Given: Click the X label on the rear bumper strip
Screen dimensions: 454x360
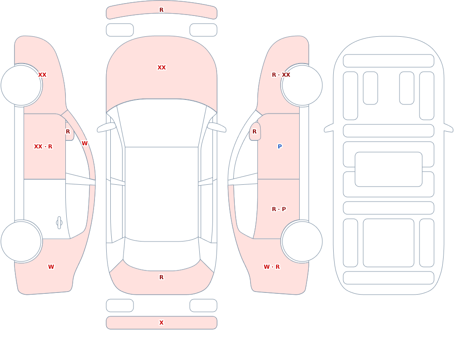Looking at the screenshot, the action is [x=161, y=322].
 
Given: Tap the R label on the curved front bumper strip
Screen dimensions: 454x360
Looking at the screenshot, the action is [x=161, y=10].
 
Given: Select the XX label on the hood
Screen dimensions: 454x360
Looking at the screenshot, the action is [x=162, y=68].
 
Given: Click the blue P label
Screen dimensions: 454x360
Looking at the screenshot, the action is [x=280, y=146].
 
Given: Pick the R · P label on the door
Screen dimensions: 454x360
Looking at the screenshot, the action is [x=279, y=209].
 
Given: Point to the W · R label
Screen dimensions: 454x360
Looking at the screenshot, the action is [x=271, y=267].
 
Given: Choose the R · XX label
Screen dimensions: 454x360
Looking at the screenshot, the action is [x=281, y=75].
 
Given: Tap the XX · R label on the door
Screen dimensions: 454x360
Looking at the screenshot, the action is [x=43, y=147].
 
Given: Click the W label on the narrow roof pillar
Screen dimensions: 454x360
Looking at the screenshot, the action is [x=84, y=143].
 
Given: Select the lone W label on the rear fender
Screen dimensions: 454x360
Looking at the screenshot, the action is [x=51, y=267].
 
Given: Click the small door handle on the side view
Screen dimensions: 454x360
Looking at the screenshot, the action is [x=59, y=223].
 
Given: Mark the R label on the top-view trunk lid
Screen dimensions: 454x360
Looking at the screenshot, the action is [x=161, y=277].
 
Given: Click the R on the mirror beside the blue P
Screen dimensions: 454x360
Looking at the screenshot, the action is [x=255, y=132].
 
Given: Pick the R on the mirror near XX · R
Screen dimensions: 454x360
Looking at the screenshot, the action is [x=68, y=132].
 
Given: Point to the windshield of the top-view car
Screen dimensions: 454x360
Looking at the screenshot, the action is [x=162, y=123].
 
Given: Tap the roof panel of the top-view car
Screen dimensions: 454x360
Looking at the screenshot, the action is [x=162, y=194].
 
